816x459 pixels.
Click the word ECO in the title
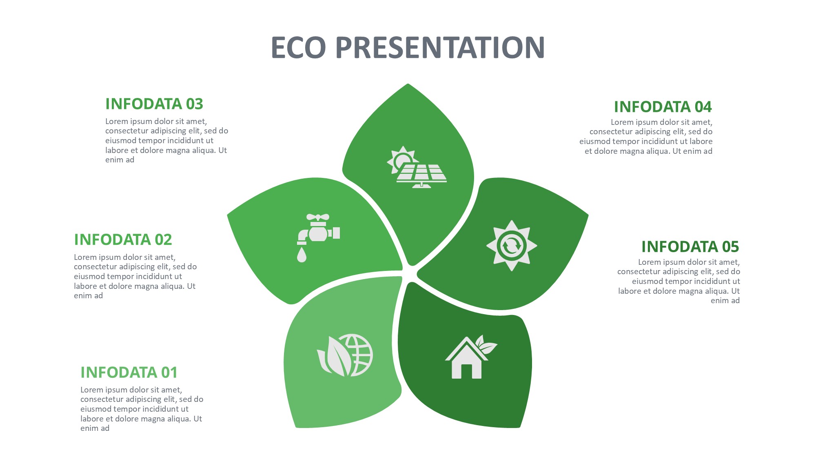click(x=299, y=47)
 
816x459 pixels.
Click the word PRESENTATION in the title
click(x=440, y=47)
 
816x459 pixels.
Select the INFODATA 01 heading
click(x=129, y=372)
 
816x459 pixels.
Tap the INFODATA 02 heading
click(x=123, y=239)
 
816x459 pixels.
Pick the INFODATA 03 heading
click(x=154, y=104)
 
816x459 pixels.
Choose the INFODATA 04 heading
click(x=663, y=107)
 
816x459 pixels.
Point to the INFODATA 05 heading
click(x=690, y=247)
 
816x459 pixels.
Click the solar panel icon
click(x=417, y=167)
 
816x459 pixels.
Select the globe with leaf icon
click(x=345, y=355)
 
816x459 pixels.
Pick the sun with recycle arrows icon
click(x=512, y=246)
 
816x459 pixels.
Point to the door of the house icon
click(x=466, y=371)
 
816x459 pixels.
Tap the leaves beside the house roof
click(x=486, y=344)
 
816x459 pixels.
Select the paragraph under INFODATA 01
click(x=142, y=409)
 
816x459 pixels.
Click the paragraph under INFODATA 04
click(x=646, y=137)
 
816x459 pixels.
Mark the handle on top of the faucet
click(x=318, y=217)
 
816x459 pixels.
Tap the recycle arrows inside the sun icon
click(x=512, y=246)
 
